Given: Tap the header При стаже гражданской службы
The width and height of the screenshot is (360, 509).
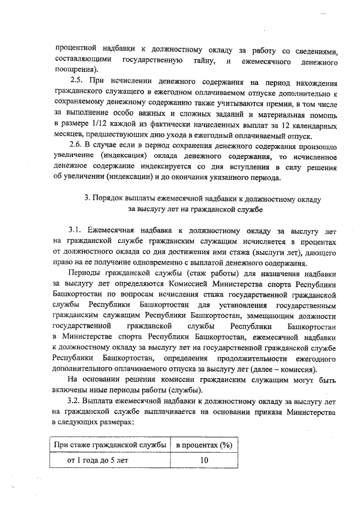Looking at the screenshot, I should (109, 445).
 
